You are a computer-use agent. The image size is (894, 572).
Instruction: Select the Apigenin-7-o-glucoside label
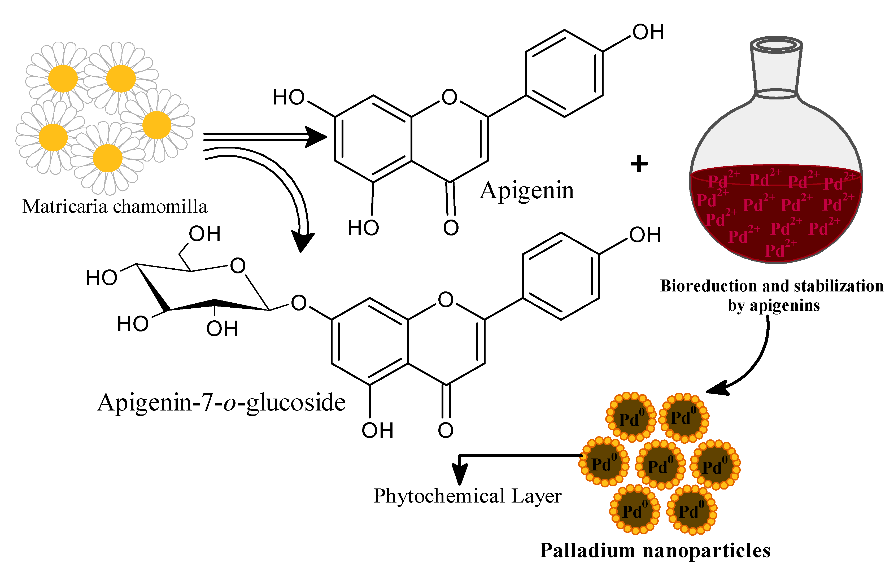pos(221,403)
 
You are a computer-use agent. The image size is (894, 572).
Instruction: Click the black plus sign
pos(639,164)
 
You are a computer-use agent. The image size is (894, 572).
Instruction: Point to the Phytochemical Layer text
pos(467,496)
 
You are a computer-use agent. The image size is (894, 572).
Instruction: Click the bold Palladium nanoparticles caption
pos(655,551)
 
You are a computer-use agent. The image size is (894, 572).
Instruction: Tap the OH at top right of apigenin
pos(648,32)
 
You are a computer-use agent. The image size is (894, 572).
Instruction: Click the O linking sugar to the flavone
pos(299,303)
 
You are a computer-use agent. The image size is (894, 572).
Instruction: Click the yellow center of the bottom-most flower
pos(108,158)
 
